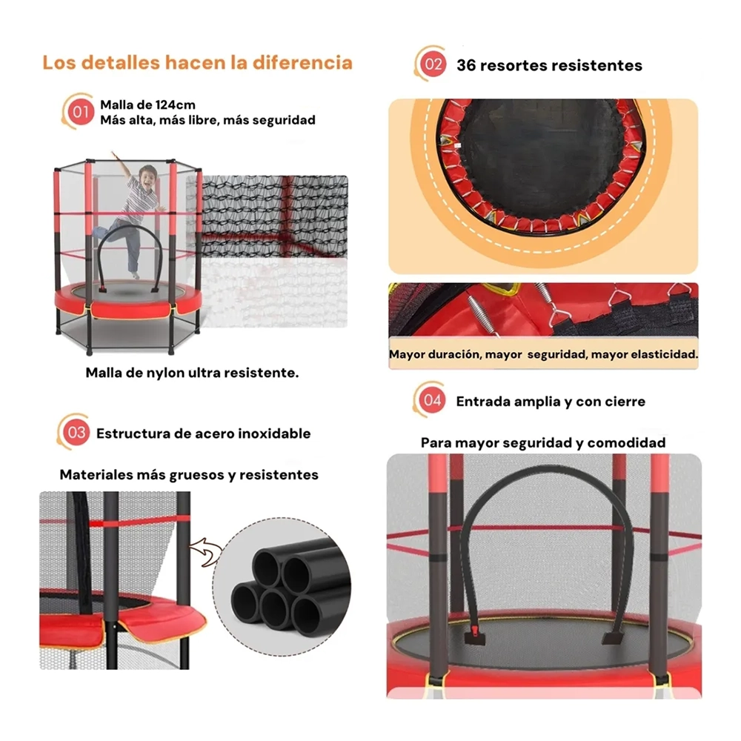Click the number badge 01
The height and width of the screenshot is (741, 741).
click(x=80, y=112)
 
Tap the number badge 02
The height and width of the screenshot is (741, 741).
click(x=433, y=64)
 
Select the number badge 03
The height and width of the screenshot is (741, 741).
click(x=76, y=433)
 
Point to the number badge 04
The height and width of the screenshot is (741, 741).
click(x=432, y=400)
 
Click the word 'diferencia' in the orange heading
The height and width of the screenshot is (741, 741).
click(x=302, y=62)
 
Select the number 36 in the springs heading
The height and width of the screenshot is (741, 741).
click(x=466, y=65)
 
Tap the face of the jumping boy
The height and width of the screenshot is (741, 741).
click(x=149, y=178)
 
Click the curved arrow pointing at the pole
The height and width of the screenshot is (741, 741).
click(x=207, y=551)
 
